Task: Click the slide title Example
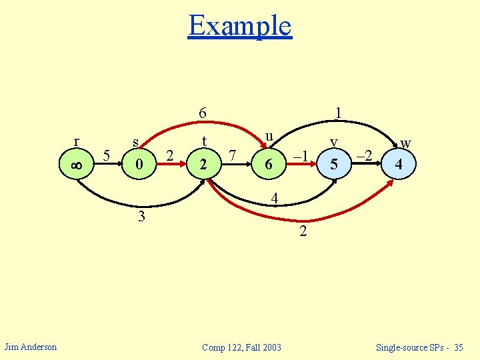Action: point(240,26)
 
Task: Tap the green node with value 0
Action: point(138,163)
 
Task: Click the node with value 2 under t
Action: point(203,163)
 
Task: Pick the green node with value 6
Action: point(268,163)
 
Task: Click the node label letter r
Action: point(77,141)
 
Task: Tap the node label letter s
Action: point(136,142)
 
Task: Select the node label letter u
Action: point(269,136)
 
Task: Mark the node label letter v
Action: point(335,141)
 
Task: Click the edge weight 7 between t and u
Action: point(233,156)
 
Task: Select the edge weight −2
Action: point(364,156)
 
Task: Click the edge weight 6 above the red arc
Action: point(204,113)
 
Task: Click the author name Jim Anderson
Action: point(31,346)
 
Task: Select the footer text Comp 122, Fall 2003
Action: point(241,347)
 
